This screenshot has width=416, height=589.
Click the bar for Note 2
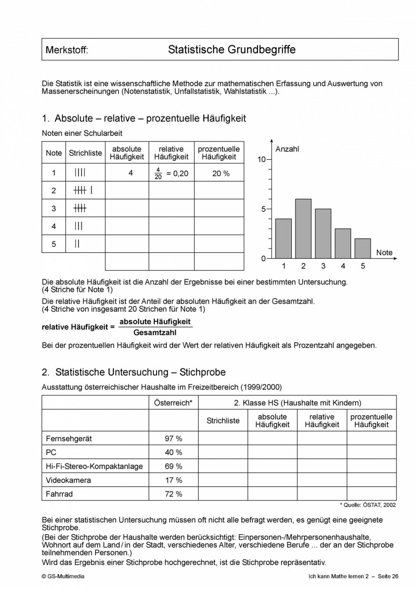click(303, 229)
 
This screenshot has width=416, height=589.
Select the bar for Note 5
click(363, 249)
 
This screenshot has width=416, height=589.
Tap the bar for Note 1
click(283, 239)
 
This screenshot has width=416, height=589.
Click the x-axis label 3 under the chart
click(323, 266)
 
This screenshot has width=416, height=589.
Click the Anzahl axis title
click(287, 149)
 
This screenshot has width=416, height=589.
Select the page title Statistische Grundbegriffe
click(232, 50)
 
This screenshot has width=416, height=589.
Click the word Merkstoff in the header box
click(67, 50)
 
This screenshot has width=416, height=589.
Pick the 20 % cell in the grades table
click(220, 173)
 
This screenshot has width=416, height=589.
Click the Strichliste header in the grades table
click(85, 153)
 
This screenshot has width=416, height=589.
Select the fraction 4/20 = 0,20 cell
click(171, 173)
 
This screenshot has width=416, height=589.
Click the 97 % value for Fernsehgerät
click(173, 439)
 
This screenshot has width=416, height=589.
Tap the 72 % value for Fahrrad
click(173, 493)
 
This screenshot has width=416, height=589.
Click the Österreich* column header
click(173, 403)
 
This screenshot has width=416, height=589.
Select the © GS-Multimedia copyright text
click(62, 577)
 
